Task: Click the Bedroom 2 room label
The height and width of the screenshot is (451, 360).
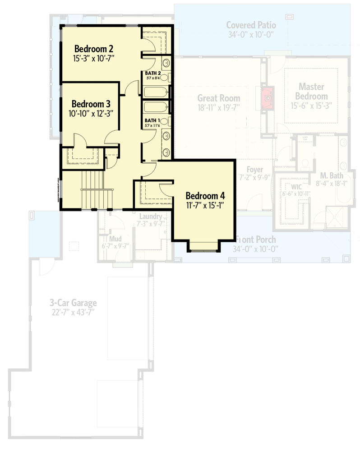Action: pos(93,49)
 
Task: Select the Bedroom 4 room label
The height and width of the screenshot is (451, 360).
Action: pos(205,196)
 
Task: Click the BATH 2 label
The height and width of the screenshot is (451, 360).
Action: pos(152,73)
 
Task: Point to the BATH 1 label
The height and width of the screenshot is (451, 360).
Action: pos(152,120)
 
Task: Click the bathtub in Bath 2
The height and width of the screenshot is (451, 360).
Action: pos(156,92)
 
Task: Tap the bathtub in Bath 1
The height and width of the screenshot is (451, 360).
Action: pos(156,107)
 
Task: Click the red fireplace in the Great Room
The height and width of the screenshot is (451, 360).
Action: pos(268,97)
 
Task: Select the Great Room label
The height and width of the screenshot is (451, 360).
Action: pos(218,98)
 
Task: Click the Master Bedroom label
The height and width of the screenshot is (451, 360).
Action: pos(313,91)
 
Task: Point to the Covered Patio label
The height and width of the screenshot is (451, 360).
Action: pos(251,25)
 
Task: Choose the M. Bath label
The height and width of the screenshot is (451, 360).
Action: pos(332,175)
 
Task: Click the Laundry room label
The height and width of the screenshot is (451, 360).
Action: pos(151,216)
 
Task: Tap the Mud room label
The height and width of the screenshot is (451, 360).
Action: pos(115,239)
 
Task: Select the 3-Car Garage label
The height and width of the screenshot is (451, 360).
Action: pos(73,304)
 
